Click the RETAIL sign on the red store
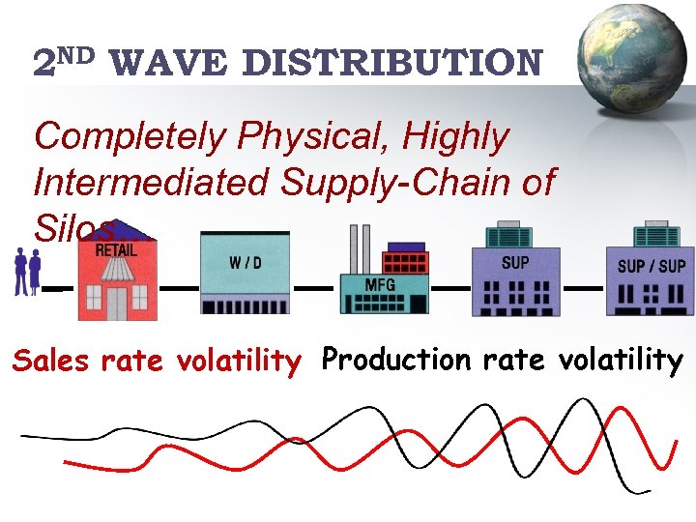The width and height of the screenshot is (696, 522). pos(116,249)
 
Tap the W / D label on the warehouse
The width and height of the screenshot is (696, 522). pos(245,263)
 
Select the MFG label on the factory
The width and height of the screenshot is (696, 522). pos(379,285)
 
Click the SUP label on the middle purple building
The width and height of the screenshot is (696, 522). pos(514,262)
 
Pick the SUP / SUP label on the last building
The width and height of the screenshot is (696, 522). pos(652,266)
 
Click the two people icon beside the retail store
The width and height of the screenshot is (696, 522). pos(27,271)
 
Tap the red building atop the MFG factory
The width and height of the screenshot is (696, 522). pos(406,262)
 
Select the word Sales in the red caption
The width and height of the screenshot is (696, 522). pos(52,362)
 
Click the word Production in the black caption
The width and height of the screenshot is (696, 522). pos(393,361)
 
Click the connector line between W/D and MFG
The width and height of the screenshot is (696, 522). pos(313,288)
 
